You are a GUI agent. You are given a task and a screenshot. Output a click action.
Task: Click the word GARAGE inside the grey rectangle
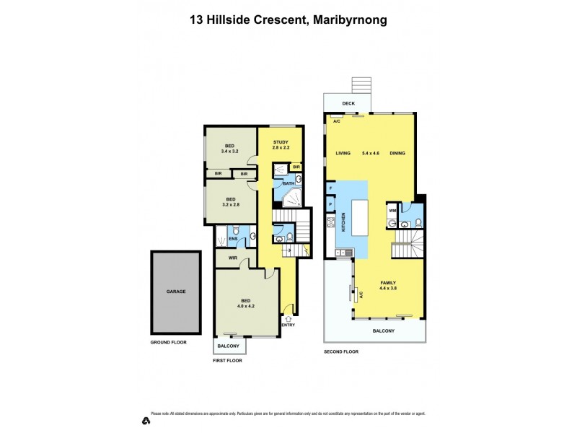pyautogui.click(x=176, y=292)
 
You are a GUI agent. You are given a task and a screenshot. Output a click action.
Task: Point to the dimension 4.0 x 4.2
pyautogui.click(x=246, y=306)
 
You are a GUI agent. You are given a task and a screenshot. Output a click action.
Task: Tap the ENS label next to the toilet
pyautogui.click(x=232, y=239)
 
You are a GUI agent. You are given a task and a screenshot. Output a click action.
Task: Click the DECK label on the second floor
pyautogui.click(x=348, y=103)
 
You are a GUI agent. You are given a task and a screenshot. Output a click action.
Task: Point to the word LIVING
pyautogui.click(x=343, y=153)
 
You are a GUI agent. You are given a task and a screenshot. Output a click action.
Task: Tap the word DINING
pyautogui.click(x=397, y=153)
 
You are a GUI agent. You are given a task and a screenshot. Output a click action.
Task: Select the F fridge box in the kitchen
pyautogui.click(x=330, y=189)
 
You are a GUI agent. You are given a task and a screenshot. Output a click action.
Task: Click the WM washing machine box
pyautogui.click(x=392, y=210)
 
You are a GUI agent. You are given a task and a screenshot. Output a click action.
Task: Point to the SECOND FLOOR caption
pyautogui.click(x=340, y=351)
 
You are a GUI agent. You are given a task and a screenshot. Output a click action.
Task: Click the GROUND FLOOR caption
pyautogui.click(x=168, y=342)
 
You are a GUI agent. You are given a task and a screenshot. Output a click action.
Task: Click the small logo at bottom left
pyautogui.click(x=146, y=420)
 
